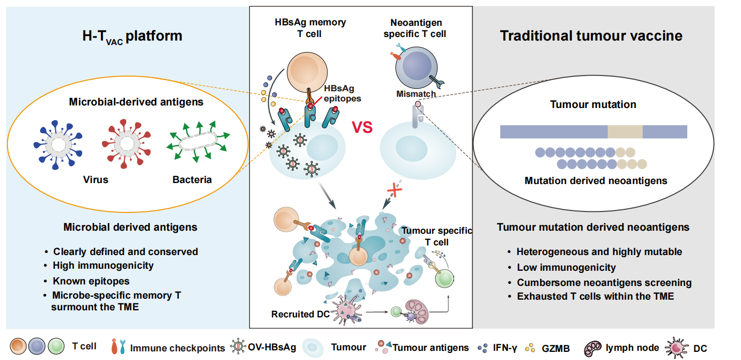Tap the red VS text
(362, 127)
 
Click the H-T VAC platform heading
(132, 37)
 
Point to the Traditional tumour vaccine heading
(591, 36)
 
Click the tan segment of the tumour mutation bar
(625, 132)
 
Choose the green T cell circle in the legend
(57, 347)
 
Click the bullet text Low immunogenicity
(566, 267)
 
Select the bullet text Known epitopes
(91, 280)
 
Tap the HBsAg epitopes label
(342, 94)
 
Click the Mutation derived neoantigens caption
(596, 181)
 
